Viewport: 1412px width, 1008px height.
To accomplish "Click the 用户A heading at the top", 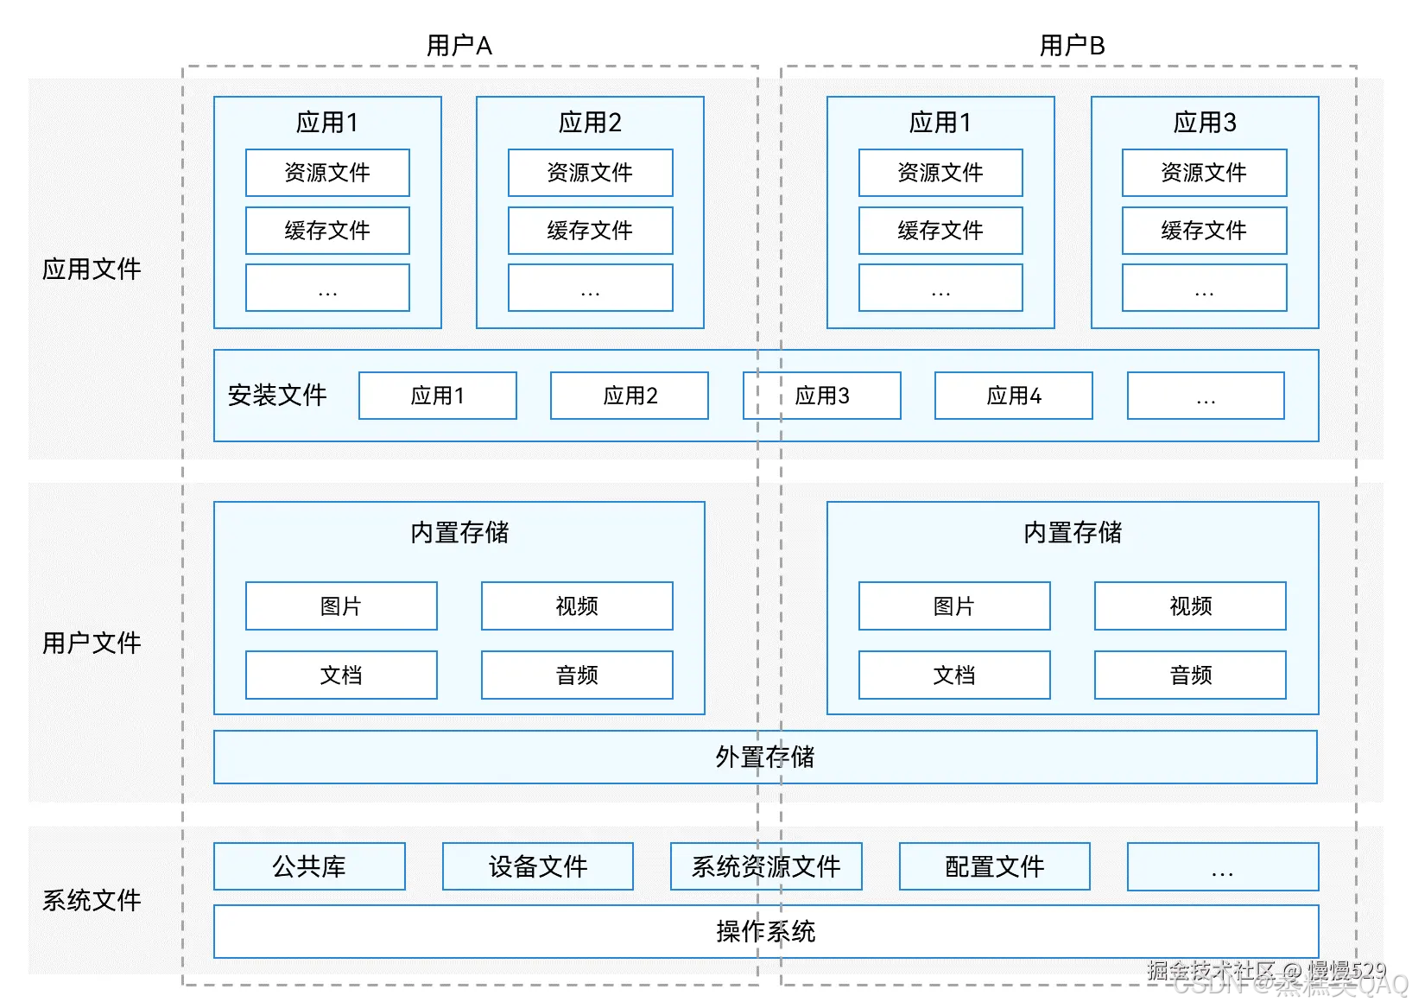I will (x=459, y=46).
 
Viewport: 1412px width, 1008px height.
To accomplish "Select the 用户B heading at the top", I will (x=1072, y=46).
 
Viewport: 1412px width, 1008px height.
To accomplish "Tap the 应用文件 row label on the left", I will (x=92, y=269).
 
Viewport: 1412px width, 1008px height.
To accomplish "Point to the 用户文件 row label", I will (x=92, y=643).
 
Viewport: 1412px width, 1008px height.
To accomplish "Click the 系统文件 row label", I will (x=92, y=900).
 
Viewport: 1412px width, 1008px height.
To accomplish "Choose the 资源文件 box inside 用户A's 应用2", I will (x=590, y=173).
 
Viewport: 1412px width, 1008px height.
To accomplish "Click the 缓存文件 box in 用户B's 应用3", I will (x=1204, y=231).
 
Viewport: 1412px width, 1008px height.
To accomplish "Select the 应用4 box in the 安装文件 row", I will (x=1013, y=396).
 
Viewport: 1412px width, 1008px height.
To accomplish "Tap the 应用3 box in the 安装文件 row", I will (x=821, y=396).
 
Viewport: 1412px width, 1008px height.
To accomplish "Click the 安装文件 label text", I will (x=277, y=396).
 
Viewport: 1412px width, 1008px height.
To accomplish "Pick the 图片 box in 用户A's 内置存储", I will (x=341, y=606).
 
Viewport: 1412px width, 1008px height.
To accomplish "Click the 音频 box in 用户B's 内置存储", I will (x=1190, y=675).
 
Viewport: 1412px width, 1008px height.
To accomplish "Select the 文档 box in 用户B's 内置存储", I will (x=954, y=675).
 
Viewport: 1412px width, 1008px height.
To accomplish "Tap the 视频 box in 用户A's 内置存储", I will (x=577, y=606).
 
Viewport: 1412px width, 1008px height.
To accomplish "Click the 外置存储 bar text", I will (x=765, y=758).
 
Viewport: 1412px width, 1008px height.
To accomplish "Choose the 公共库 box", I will (x=309, y=866).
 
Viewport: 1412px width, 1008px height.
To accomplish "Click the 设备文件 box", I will (x=537, y=866).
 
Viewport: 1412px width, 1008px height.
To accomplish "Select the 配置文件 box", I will (x=994, y=866).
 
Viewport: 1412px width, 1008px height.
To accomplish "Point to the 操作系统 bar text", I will (x=765, y=931).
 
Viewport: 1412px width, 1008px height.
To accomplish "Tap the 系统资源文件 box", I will (x=766, y=866).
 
